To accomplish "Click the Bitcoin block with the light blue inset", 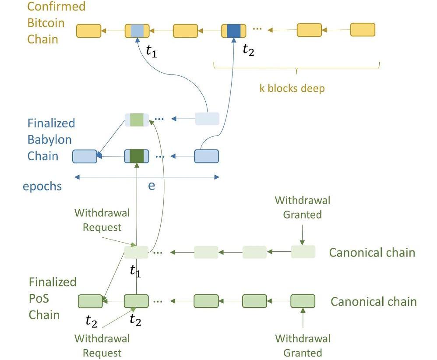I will pyautogui.click(x=137, y=31).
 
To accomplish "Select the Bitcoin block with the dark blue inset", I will pyautogui.click(x=233, y=31).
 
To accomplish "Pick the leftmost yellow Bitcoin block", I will pyautogui.click(x=88, y=31).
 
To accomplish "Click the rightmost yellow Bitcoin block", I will pyautogui.click(x=363, y=30).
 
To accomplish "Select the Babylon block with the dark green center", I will pyautogui.click(x=137, y=156).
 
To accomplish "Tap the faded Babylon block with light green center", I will pyautogui.click(x=137, y=120).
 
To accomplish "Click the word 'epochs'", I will pyautogui.click(x=42, y=186).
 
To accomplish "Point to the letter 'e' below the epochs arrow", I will pyautogui.click(x=152, y=185).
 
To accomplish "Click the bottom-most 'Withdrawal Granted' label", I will pyautogui.click(x=302, y=346).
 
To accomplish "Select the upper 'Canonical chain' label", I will pyautogui.click(x=372, y=252).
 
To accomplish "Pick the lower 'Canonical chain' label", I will pyautogui.click(x=373, y=302).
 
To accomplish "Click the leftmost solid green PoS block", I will pyautogui.click(x=90, y=301).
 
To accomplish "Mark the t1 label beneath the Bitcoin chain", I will pyautogui.click(x=151, y=52).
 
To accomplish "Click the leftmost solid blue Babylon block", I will pyautogui.click(x=85, y=156).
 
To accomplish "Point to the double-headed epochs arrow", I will pyautogui.click(x=147, y=177).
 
